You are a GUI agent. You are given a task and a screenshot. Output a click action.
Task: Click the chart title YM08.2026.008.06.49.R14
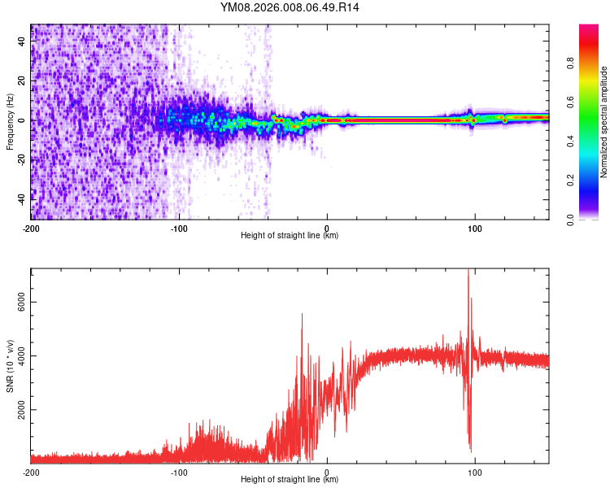tap(290, 7)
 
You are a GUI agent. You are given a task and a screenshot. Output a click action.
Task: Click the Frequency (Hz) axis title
tap(10, 122)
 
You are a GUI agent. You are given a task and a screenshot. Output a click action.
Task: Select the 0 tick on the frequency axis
tap(21, 120)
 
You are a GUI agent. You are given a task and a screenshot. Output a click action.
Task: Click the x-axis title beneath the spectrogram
tap(290, 236)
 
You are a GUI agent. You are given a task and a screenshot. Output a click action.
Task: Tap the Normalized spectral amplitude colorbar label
tap(603, 122)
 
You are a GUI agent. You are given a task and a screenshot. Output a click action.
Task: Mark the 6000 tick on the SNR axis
tap(21, 302)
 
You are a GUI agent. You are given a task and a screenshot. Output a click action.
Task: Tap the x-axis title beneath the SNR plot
tap(290, 480)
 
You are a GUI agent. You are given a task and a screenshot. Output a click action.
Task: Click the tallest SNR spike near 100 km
tap(468, 271)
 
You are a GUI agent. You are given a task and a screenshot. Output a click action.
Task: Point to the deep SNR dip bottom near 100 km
tap(470, 450)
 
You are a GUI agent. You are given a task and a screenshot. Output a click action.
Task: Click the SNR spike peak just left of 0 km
tap(302, 314)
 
